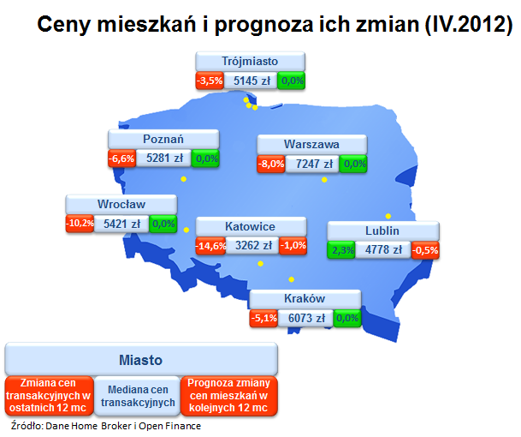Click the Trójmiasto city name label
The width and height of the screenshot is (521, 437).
tap(250, 62)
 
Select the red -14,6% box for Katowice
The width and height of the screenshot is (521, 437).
tap(210, 246)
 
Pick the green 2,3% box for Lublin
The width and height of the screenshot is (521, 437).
tap(341, 250)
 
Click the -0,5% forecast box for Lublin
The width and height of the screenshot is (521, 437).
tap(425, 250)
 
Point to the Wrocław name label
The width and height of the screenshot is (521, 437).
tap(121, 204)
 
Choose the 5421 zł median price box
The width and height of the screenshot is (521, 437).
tap(121, 224)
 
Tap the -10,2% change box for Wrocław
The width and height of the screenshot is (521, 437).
tap(80, 224)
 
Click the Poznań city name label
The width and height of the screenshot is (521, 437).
tap(163, 139)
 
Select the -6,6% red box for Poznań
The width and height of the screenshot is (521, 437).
tap(122, 159)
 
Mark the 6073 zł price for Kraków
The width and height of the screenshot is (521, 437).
tap(305, 318)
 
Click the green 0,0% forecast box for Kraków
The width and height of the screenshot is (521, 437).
tap(347, 318)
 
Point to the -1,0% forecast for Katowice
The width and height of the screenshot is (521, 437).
tap(293, 246)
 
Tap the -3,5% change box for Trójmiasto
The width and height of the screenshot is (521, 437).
tap(210, 81)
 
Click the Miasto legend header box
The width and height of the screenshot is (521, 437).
tap(141, 359)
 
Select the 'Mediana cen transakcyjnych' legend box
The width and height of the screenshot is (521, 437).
tap(138, 396)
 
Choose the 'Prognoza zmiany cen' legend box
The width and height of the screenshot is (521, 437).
tap(229, 396)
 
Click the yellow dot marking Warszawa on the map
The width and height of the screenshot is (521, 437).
tap(324, 180)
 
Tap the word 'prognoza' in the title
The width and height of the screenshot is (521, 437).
tap(264, 25)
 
